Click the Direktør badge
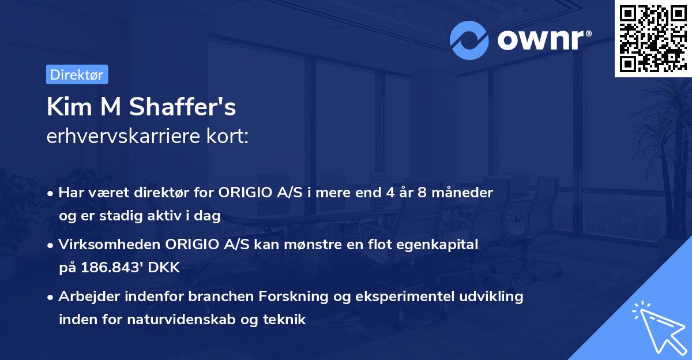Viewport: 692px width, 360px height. point(77,74)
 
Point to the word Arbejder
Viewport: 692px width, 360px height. point(85,297)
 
